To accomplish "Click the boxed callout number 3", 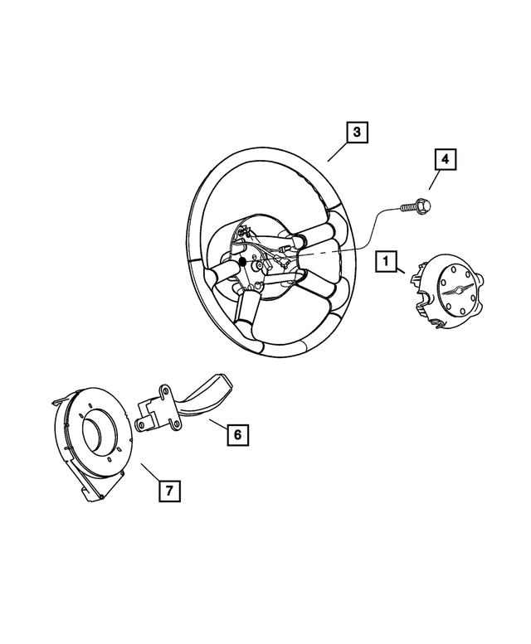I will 356,133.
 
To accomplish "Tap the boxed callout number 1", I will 384,262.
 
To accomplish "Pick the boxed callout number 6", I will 236,433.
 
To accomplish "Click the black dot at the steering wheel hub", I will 243,263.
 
